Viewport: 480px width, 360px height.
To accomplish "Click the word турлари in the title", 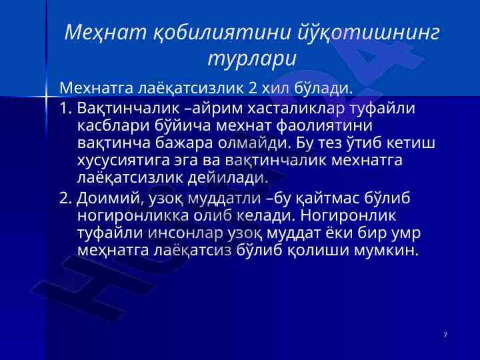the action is pos(252,59).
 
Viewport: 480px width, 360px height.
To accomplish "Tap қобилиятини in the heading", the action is pos(221,33).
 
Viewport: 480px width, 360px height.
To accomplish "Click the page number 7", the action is pos(445,335).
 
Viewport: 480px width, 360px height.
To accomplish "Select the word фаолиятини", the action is pos(324,126).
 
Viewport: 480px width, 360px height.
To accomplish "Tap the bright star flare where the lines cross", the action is pos(46,97).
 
